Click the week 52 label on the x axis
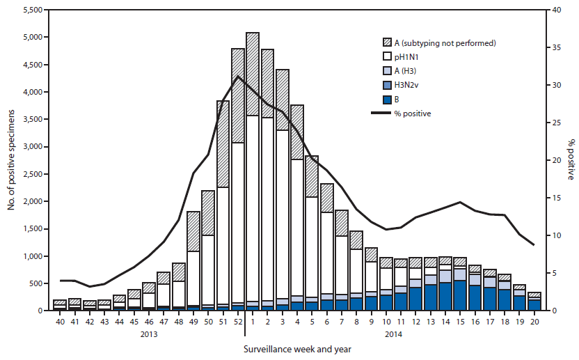pyautogui.click(x=238, y=322)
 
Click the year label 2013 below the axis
pyautogui.click(x=148, y=334)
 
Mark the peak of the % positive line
pyautogui.click(x=238, y=76)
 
